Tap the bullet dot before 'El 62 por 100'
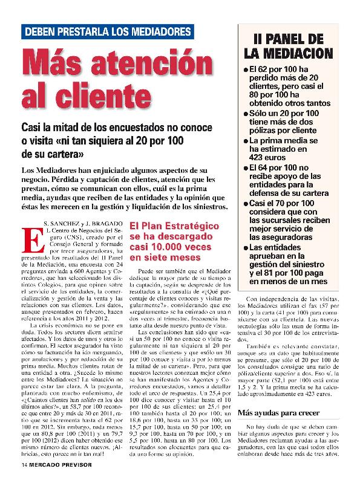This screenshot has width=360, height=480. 246,69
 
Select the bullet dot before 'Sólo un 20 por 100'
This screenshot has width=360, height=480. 246,113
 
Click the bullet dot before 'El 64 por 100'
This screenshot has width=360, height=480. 246,166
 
